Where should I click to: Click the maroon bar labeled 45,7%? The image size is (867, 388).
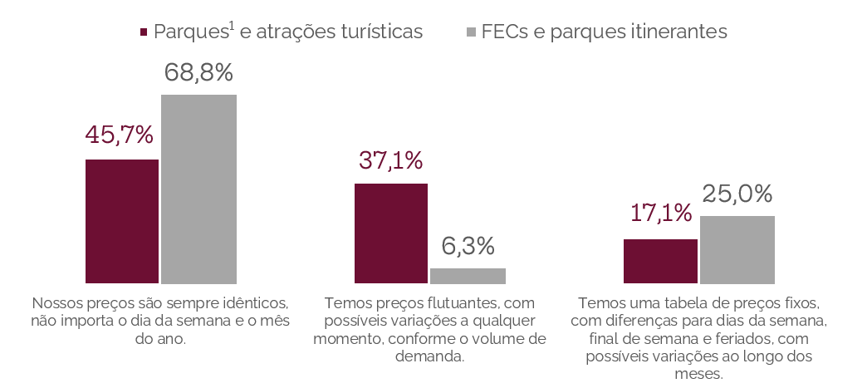122,221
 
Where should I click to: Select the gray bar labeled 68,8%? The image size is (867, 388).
198,189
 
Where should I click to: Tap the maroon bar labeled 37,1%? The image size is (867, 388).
391,233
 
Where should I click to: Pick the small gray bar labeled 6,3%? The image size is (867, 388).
468,276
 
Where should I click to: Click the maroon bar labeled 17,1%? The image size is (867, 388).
660,261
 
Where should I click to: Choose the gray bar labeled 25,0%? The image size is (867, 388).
737,249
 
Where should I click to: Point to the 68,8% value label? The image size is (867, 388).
198,73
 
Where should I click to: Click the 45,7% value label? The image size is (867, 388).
120,134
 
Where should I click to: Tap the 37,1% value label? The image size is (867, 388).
390,160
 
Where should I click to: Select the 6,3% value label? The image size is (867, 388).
468,246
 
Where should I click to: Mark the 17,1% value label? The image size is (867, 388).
660,214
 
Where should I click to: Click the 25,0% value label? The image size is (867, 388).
737,194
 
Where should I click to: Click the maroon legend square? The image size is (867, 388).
144,32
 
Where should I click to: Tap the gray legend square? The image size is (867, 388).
471,32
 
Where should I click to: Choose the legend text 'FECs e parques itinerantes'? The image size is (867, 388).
604,32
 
